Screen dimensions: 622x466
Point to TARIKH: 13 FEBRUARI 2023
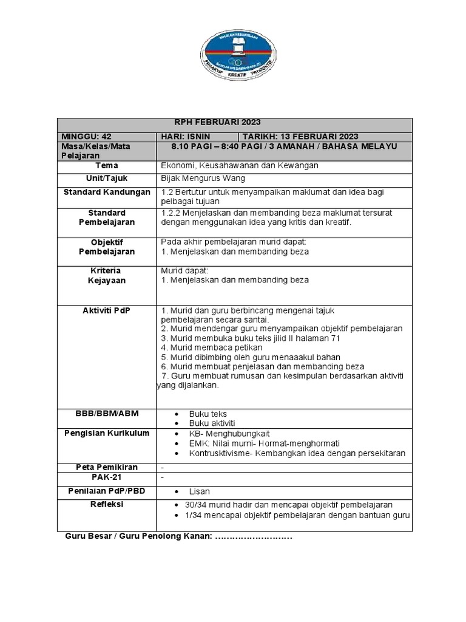301,136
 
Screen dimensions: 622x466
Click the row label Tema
106,165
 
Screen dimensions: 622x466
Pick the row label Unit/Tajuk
106,178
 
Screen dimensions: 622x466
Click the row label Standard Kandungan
106,192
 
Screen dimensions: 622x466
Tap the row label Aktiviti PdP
106,310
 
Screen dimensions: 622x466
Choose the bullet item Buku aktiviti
212,423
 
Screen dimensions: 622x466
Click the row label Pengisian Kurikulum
106,433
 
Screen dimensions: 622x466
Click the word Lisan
200,491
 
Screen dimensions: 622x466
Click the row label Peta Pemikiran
106,467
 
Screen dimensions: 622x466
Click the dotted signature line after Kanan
253,536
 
